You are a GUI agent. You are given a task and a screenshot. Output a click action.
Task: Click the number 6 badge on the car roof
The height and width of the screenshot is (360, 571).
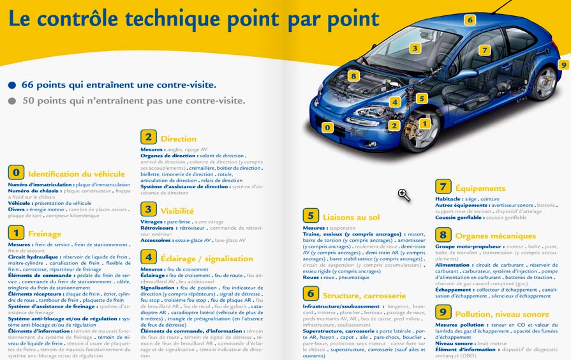coord(470,20)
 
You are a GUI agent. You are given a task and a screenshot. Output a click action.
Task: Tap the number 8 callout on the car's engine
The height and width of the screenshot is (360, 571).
coord(354,76)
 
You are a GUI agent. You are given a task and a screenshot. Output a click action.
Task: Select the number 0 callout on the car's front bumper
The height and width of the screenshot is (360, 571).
coord(328,127)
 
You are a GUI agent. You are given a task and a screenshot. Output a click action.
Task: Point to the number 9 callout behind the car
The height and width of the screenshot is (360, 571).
coord(563,64)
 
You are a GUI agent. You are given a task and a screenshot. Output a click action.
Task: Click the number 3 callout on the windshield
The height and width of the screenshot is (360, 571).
coord(415,48)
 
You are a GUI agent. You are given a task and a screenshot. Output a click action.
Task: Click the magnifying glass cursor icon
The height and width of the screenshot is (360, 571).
coord(403,195)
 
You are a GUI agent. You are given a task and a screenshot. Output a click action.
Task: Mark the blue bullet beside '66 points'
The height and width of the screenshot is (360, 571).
coord(12,84)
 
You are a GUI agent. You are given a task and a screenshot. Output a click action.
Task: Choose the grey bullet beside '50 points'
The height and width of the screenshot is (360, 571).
coord(12,100)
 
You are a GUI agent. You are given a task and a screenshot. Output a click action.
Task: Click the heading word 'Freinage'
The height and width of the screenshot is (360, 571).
coord(45,234)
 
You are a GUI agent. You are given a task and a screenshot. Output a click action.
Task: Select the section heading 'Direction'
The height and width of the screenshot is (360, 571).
coord(179,139)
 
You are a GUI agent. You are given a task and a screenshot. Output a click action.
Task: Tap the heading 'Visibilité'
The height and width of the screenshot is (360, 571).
coord(177,211)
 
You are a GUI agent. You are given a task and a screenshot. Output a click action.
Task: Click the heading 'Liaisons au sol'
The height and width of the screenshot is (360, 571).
coord(351,217)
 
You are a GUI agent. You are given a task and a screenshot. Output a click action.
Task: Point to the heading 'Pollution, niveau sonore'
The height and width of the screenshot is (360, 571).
coord(502,314)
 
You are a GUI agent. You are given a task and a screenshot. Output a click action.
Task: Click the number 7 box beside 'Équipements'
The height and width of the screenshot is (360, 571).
coord(443,186)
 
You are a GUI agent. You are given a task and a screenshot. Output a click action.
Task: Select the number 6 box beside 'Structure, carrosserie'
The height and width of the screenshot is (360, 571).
coord(310,294)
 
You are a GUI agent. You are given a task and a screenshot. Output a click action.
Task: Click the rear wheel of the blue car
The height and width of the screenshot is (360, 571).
coord(544,82)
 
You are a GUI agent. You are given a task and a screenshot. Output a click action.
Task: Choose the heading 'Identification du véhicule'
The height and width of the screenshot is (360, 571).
coord(77,174)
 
